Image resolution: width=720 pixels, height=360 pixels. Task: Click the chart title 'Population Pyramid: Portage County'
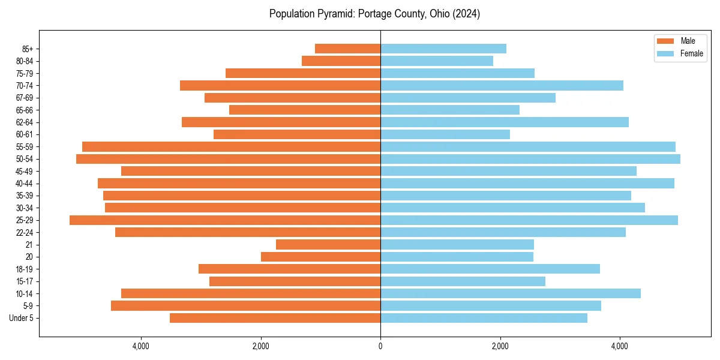[x=374, y=14]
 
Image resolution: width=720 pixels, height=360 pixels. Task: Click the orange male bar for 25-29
[x=225, y=220]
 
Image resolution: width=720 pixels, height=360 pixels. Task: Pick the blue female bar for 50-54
[x=530, y=159]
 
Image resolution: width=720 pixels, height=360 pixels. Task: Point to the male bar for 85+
[x=347, y=49]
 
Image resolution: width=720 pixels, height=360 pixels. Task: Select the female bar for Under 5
[x=484, y=318]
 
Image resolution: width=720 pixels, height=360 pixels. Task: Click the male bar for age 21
[x=328, y=245]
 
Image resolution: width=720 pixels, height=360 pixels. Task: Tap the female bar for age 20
[x=457, y=257]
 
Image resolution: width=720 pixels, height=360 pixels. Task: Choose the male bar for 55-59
[x=231, y=146]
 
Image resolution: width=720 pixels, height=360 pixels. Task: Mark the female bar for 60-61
[x=445, y=134]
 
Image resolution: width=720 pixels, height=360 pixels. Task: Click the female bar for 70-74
[x=502, y=85]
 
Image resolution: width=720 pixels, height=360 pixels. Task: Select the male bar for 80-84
[x=341, y=61]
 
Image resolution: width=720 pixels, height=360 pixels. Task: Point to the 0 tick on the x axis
[x=380, y=346]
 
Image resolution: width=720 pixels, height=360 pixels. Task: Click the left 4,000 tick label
[x=141, y=346]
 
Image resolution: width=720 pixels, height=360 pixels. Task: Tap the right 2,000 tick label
[x=500, y=346]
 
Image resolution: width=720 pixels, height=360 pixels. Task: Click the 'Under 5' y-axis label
[x=21, y=318]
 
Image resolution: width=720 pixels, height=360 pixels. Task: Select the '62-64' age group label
[x=25, y=122]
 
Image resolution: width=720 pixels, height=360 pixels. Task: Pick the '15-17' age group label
[x=25, y=281]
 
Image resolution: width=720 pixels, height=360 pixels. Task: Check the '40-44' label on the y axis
[x=25, y=184]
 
